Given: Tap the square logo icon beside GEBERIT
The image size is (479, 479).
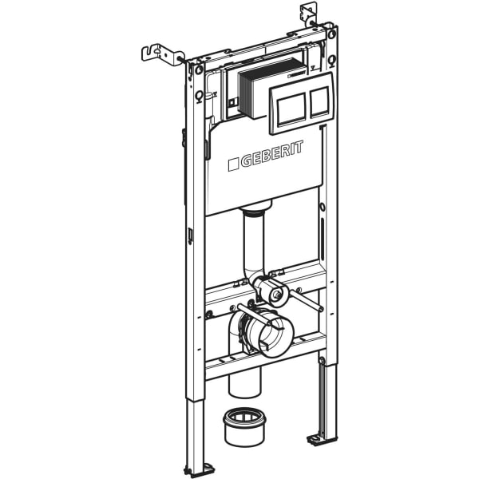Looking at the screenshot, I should click(233, 164).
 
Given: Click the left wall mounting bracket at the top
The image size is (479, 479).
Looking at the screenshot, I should click(160, 53).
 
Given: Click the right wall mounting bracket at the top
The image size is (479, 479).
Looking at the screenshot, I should click(310, 14).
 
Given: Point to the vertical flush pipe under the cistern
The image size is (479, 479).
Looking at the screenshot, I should click(253, 243).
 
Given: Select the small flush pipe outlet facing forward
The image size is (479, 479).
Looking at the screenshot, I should click(276, 295).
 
